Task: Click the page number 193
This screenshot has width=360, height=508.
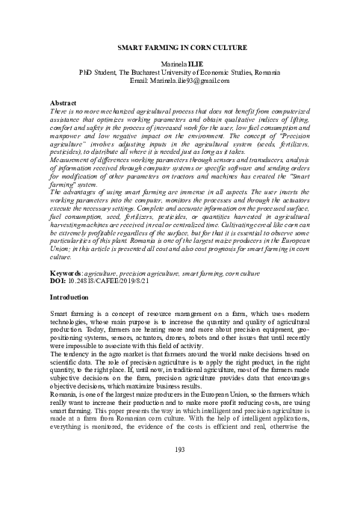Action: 179,448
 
